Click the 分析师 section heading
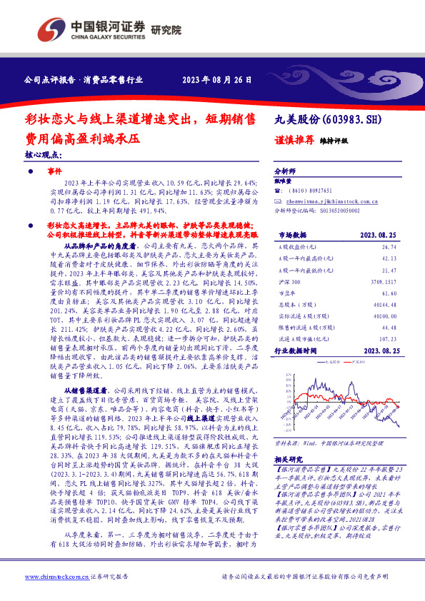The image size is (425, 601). pyautogui.click(x=286, y=172)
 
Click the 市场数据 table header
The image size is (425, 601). pyautogui.click(x=291, y=234)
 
